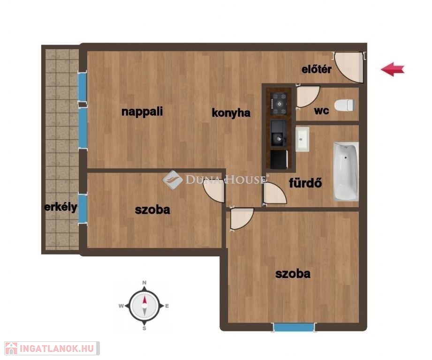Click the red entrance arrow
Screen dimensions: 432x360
pos(393,69)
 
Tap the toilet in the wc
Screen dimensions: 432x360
pos(344,105)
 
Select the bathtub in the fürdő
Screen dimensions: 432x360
pos(346,171)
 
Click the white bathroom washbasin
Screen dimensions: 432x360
pos(302,139)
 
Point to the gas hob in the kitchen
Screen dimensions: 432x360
pos(279,104)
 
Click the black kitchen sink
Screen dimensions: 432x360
pos(279,133)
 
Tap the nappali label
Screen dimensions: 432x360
pos(142,112)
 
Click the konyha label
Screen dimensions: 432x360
pos(231,113)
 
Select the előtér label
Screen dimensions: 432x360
pos(317,69)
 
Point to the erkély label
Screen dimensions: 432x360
pos(61,207)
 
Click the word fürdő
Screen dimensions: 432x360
pos(305,182)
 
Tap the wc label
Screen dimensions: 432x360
pos(321,111)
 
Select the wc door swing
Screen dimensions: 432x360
pos(308,97)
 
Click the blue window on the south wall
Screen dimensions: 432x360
pos(294,328)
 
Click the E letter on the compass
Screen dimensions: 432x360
pos(167,306)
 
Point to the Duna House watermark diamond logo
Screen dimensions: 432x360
pos(173,180)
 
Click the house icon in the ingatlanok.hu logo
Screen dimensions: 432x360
pos(11,348)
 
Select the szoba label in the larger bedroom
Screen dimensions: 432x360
pos(293,274)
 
